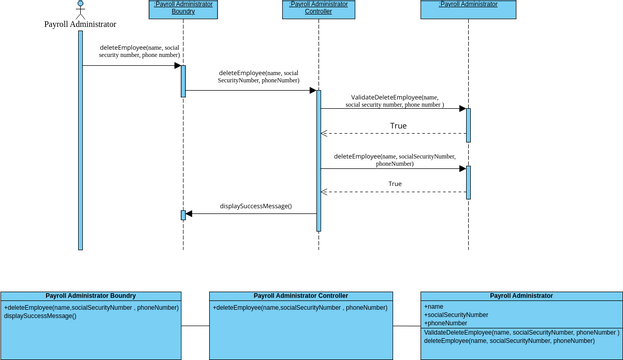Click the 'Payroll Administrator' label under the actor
point(80,24)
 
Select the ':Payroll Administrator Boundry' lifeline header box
point(183,9)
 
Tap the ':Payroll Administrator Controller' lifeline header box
point(317,9)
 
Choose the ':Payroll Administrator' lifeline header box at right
point(468,9)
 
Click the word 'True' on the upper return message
point(398,126)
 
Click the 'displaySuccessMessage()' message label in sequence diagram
point(255,206)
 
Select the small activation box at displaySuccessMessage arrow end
point(183,215)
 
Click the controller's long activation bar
point(318,160)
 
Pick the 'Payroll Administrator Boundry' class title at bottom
point(91,296)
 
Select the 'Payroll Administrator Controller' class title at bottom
point(300,296)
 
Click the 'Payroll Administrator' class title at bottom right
point(521,296)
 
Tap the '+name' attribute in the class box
point(434,306)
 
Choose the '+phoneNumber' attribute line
point(445,323)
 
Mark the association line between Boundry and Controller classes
point(196,326)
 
